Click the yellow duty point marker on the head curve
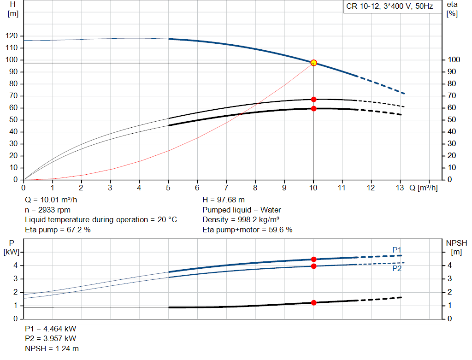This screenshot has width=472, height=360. (x=313, y=63)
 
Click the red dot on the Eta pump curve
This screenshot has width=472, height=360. (x=313, y=99)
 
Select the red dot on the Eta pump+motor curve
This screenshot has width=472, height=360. (x=313, y=108)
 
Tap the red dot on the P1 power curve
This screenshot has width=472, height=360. (x=313, y=260)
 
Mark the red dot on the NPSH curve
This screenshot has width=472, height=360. (x=313, y=303)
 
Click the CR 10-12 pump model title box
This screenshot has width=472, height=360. (x=389, y=7)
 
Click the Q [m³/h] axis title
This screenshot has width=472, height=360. (x=423, y=188)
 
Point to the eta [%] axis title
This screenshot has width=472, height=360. (x=452, y=9)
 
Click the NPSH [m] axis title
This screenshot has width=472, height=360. (x=456, y=247)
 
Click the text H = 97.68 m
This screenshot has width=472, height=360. (x=224, y=200)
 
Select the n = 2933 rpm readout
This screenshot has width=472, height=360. (x=47, y=210)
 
